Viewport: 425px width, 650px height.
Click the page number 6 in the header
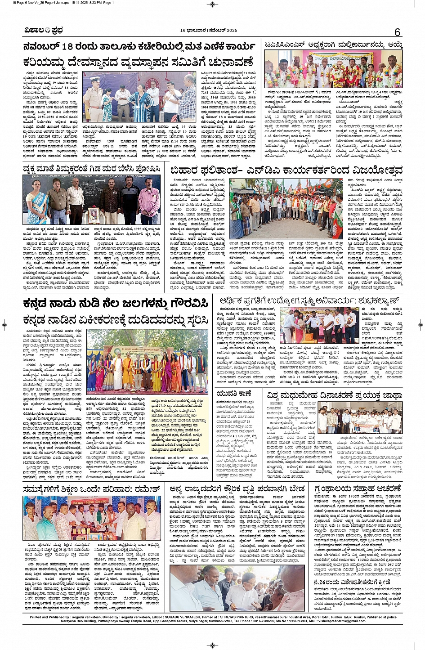[397, 32]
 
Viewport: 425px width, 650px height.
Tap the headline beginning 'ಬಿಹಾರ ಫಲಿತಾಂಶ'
[286, 170]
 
